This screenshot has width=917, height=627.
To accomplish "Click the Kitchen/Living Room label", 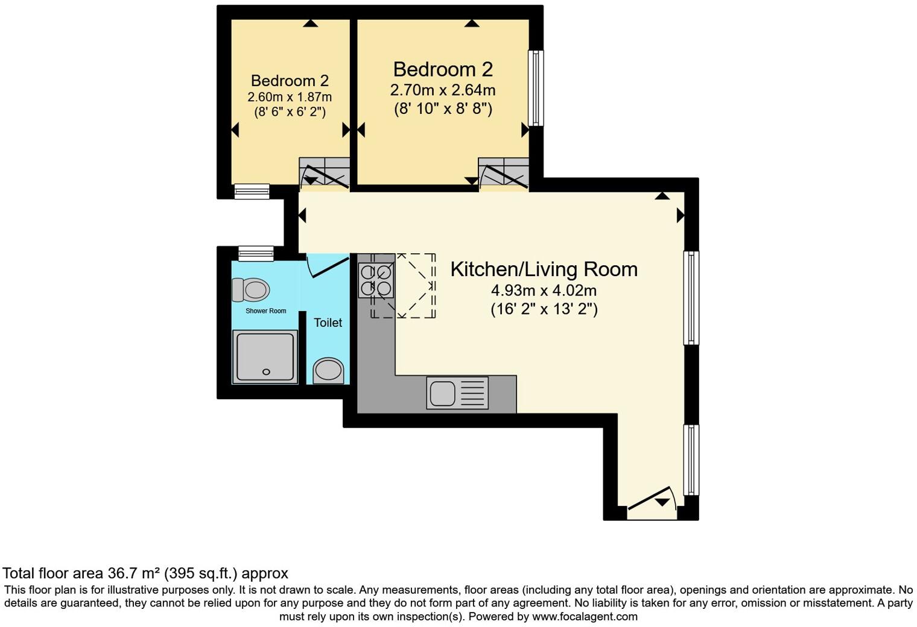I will (x=544, y=269).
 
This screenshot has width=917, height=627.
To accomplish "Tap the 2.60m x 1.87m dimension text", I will (x=289, y=97).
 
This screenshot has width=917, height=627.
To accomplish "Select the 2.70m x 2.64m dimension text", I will (x=443, y=90).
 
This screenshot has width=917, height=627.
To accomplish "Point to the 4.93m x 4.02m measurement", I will (x=544, y=291).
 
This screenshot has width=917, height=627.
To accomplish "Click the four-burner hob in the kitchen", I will (x=375, y=281).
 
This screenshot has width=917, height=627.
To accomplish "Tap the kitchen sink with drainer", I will (x=457, y=393).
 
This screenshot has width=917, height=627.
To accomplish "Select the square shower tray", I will (x=265, y=357).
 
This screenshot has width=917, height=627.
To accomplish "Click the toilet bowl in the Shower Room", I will (x=251, y=290).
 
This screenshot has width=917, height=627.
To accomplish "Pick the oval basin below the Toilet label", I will (x=328, y=370).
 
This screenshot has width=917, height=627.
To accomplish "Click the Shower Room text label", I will (x=265, y=311).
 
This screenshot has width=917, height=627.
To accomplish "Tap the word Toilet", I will (x=328, y=323).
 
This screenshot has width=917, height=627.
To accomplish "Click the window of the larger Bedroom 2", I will (x=535, y=88).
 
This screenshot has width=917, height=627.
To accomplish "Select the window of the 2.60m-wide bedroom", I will (x=252, y=191).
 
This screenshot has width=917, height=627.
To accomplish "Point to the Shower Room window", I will (x=256, y=254).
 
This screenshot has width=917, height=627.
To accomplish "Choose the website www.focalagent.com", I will (x=584, y=616).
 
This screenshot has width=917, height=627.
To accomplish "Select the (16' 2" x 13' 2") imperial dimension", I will (x=544, y=309).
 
